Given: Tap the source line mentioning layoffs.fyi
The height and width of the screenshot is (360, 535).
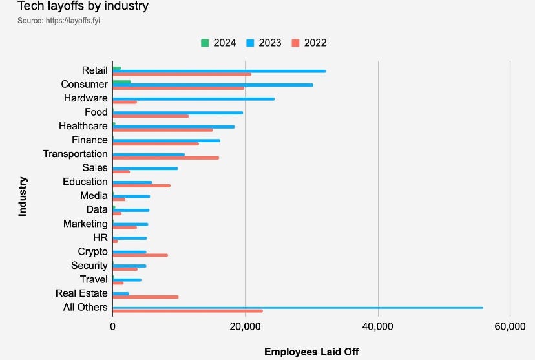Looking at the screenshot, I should tap(59, 21).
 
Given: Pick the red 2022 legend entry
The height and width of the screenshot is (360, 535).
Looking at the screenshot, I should tap(309, 43).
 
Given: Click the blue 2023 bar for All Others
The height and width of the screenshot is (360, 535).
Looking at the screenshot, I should tap(297, 308).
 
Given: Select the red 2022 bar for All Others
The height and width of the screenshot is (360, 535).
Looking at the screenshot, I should tap(187, 312).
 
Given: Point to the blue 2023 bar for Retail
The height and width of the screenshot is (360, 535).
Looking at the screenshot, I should tap(219, 71).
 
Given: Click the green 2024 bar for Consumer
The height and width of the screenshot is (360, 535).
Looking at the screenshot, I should tap(121, 82).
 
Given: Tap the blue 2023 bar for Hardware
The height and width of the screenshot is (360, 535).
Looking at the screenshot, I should tap(193, 99).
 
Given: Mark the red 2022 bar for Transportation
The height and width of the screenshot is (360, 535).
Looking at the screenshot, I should tap(165, 158).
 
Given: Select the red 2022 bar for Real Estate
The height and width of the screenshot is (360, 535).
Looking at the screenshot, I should tap(145, 297).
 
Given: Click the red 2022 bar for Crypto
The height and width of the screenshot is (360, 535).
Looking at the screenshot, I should tap(140, 255).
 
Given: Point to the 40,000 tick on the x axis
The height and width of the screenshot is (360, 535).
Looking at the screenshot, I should tap(377, 327).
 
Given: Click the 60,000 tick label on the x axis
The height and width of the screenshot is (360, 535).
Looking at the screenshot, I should tap(510, 327).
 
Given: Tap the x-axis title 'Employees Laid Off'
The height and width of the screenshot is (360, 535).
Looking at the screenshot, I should tap(311, 352).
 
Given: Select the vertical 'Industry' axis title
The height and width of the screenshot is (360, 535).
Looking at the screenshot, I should tap(23, 196).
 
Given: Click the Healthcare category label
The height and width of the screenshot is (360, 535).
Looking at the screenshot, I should tap(83, 126).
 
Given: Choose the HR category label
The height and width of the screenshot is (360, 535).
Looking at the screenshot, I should tap(100, 238).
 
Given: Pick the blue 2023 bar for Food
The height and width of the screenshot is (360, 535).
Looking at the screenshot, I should tap(178, 112).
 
